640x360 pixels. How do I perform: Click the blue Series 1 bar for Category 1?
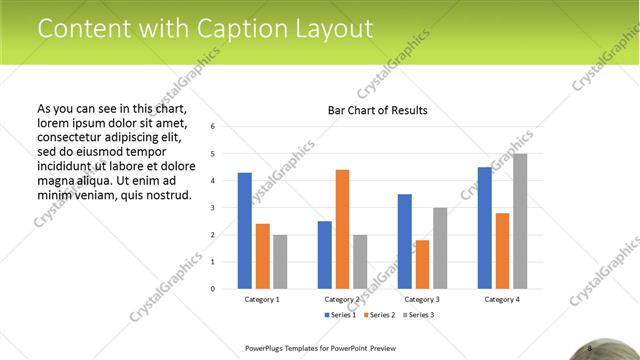(245, 230)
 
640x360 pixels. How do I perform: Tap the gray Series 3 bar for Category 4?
(520, 221)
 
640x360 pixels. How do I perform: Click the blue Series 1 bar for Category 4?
(485, 228)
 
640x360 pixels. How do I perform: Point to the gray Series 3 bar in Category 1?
(280, 261)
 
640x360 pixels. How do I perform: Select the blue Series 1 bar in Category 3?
(404, 241)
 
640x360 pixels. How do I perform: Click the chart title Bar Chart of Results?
(378, 110)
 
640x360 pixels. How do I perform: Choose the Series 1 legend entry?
(339, 315)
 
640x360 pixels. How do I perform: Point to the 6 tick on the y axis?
(212, 127)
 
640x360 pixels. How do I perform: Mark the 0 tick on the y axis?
(212, 289)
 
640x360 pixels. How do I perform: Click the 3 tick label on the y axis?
(212, 208)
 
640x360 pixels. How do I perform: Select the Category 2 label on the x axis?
(342, 299)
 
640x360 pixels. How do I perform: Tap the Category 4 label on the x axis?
(502, 299)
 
